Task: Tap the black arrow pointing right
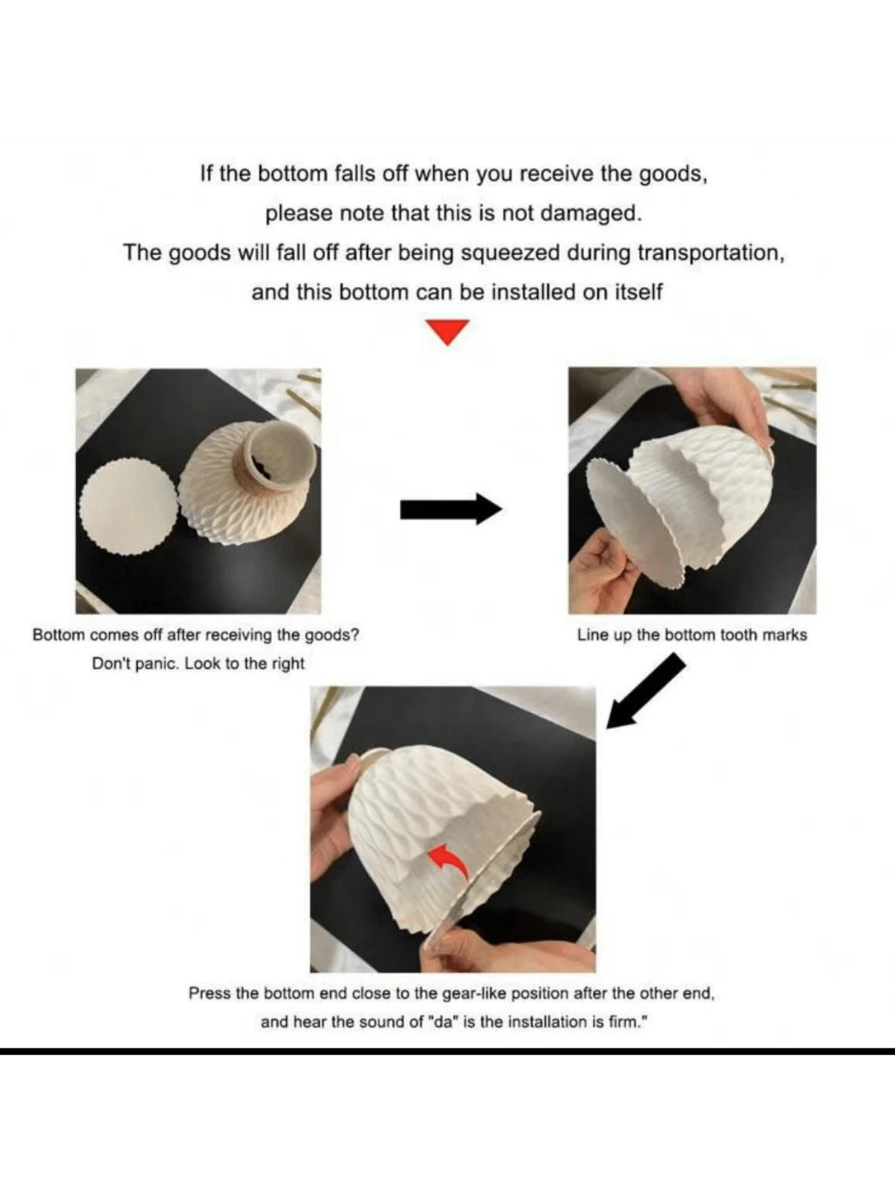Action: click(x=450, y=510)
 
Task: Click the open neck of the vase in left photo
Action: click(x=281, y=453)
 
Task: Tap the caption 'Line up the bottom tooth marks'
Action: click(x=691, y=635)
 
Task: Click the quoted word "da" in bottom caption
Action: click(x=443, y=1022)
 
